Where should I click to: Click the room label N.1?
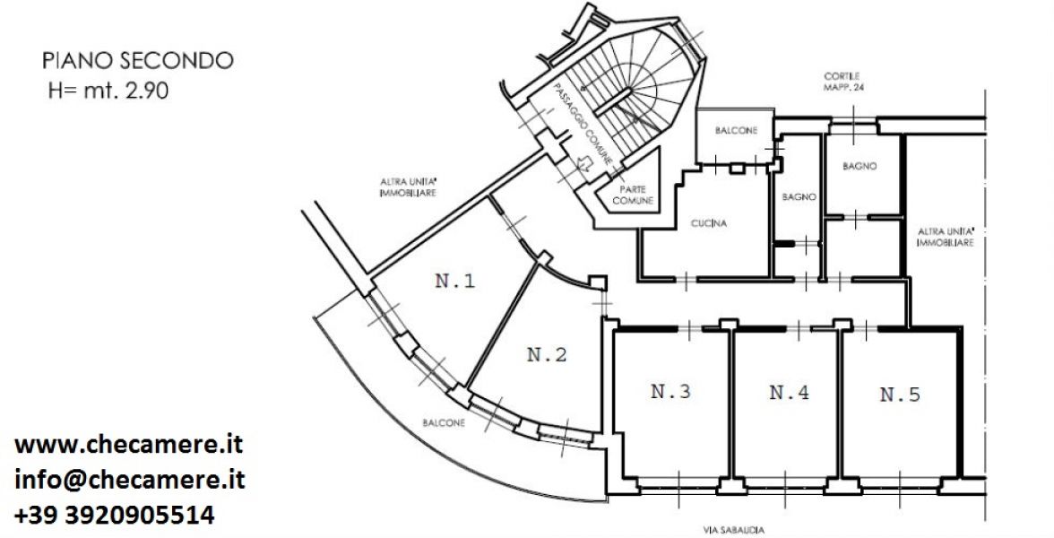(455, 281)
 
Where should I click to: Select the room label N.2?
(547, 354)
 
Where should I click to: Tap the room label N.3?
(670, 391)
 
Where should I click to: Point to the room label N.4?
(789, 392)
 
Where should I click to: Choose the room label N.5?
(900, 395)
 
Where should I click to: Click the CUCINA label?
(709, 224)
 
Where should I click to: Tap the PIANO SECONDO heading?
(138, 61)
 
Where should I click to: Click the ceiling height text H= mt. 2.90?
(108, 91)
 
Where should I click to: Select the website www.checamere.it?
(128, 445)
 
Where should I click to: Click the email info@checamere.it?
(130, 481)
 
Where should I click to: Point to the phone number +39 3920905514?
(115, 515)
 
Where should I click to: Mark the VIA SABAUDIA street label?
(733, 530)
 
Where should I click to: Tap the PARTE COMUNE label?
(633, 195)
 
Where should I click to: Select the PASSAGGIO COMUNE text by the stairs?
(583, 126)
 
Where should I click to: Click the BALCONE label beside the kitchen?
(736, 131)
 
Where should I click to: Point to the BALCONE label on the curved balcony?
(444, 423)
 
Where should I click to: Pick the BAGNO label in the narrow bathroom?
(799, 197)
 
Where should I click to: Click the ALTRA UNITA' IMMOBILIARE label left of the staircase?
(409, 187)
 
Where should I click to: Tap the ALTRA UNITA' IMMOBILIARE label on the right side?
(946, 238)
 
